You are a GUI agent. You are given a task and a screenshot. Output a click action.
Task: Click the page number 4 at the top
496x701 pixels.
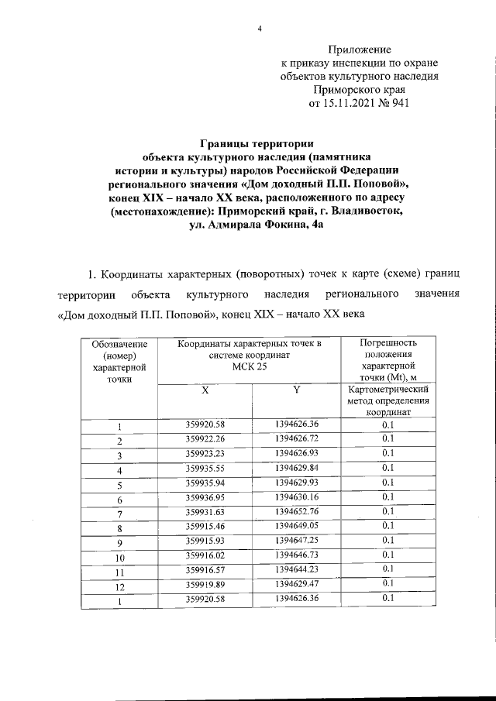[260, 29]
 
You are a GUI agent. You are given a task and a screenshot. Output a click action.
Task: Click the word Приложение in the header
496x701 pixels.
[360, 49]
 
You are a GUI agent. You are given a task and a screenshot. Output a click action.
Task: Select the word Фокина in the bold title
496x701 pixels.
[277, 225]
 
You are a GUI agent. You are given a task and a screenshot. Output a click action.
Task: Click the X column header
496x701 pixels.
[205, 392]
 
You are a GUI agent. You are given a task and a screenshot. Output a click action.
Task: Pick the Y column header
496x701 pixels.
[296, 392]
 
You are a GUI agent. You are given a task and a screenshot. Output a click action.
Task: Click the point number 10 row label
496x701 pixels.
[119, 557]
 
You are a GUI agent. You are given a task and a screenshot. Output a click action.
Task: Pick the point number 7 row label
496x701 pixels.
[119, 514]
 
